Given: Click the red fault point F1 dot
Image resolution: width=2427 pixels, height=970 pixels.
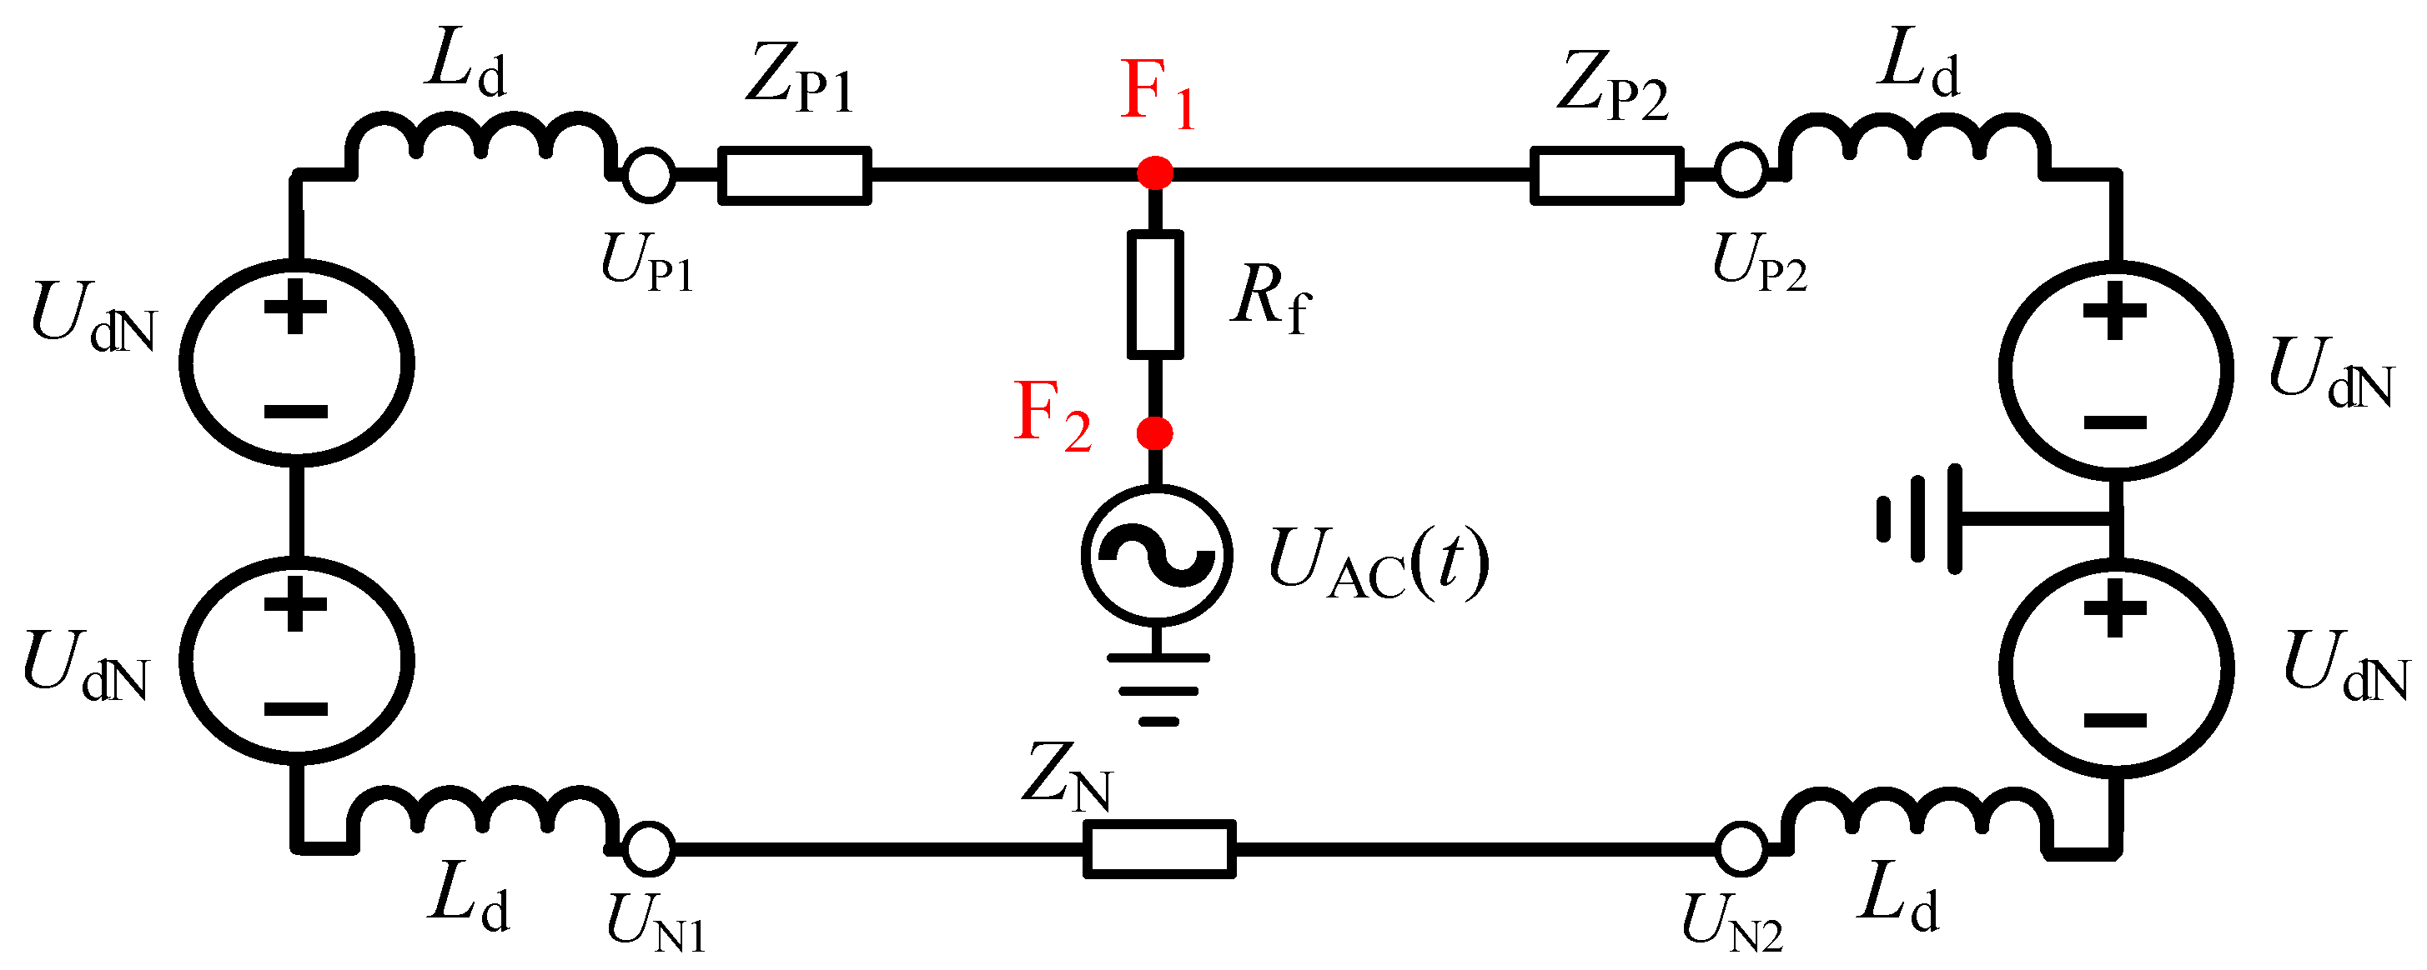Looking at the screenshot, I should coord(1155,173).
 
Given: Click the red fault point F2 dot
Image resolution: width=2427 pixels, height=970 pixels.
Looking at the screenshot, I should coord(1155,433).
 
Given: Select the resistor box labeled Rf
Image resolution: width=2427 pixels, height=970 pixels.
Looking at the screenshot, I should coord(1155,294).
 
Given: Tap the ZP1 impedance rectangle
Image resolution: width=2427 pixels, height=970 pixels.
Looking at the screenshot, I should coord(794,175).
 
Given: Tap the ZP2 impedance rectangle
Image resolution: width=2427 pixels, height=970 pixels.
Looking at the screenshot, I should coord(1606,175).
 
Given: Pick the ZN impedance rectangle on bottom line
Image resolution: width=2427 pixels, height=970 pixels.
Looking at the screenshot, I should coord(1158,849).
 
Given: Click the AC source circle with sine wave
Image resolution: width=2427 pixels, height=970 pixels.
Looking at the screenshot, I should coord(1156,555).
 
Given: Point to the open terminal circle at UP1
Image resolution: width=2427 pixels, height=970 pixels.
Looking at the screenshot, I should coord(649,175).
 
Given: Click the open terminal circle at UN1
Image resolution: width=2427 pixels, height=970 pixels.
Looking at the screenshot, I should coord(649,847).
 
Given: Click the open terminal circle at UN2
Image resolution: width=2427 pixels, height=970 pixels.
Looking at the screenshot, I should coord(1740,848).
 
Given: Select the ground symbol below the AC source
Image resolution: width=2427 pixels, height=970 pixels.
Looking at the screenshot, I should coord(1158,688).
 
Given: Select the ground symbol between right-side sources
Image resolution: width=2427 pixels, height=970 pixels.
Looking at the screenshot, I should coord(1922,518).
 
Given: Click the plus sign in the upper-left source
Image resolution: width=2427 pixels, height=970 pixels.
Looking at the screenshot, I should coord(295,306).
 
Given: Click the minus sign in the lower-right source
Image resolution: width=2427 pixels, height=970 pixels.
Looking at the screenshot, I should coord(2115,722).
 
